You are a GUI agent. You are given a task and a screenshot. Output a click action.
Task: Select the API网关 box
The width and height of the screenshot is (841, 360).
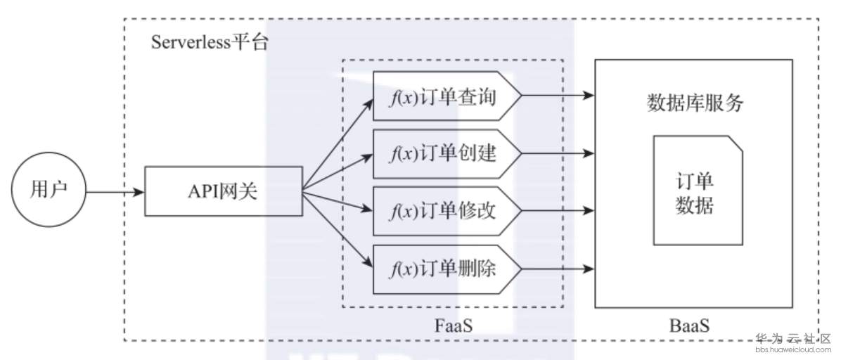click(x=223, y=191)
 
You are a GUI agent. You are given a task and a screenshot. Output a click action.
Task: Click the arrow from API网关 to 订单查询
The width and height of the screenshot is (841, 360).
click(x=338, y=145)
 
